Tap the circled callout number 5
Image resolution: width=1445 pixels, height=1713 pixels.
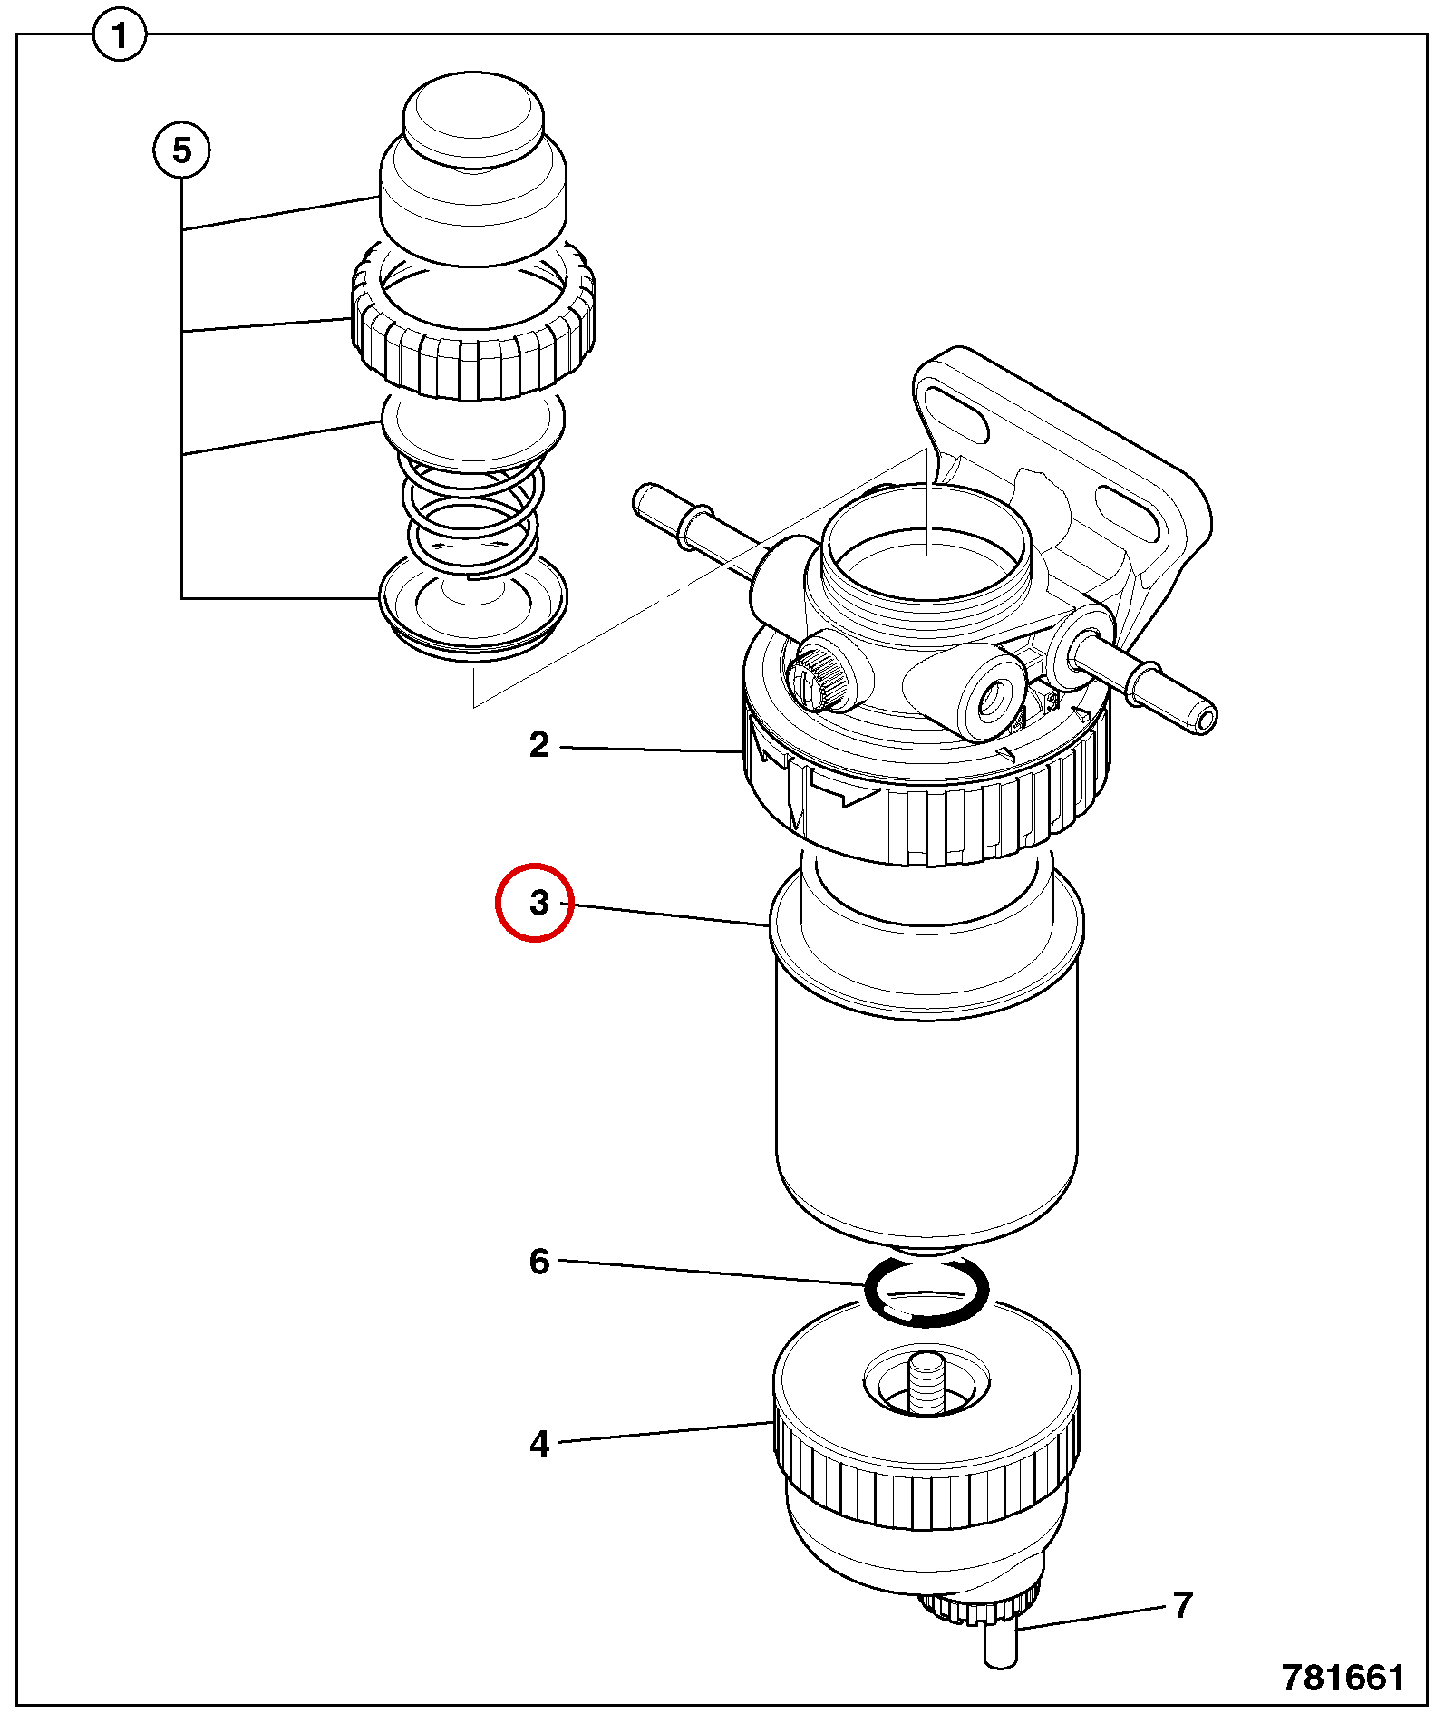pos(181,150)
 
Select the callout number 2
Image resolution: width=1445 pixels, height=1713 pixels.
pos(539,745)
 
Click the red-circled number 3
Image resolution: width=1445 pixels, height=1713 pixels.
pos(539,903)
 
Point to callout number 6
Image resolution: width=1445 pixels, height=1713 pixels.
pos(539,1261)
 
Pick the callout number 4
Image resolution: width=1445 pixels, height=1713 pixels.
pos(539,1444)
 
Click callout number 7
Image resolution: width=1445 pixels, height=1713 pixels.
pos(1182,1604)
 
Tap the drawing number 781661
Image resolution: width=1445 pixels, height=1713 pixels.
pos(1343,1677)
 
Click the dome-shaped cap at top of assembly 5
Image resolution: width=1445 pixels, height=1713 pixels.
pos(473,168)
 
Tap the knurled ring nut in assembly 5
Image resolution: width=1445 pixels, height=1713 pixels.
pos(473,322)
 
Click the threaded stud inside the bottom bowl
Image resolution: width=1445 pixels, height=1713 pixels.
pos(926,1383)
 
